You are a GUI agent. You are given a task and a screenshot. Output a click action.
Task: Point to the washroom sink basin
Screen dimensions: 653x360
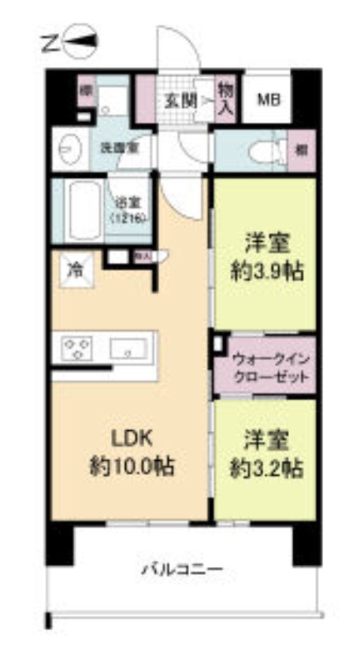(68, 147)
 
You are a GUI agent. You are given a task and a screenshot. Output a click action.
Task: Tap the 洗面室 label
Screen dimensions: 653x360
(114, 148)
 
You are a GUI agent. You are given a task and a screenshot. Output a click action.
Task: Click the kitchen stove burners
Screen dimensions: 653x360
(76, 347)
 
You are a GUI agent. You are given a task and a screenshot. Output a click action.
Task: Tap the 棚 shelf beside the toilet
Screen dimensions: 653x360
(302, 149)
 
